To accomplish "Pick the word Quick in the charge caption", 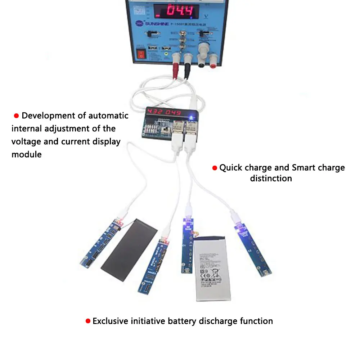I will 231,167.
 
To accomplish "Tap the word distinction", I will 271,178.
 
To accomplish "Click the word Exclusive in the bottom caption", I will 111,321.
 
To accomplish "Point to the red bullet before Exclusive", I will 87,321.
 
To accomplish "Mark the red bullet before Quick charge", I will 215,168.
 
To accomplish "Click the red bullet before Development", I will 16,116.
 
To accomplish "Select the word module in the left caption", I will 26,154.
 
